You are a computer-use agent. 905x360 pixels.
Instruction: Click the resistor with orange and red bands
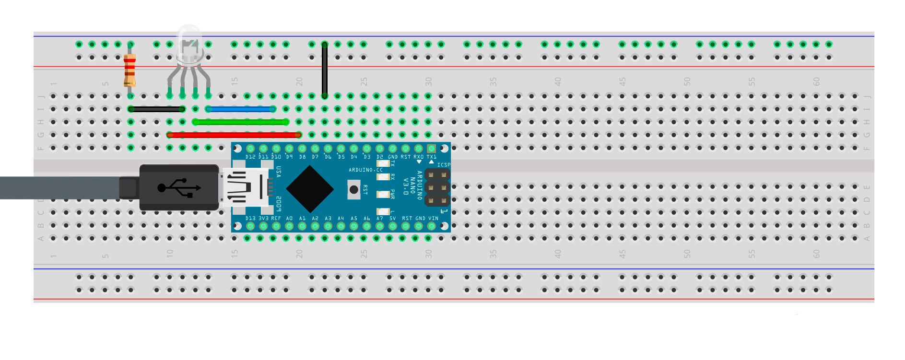point(129,70)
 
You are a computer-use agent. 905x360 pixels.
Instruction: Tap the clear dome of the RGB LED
point(189,43)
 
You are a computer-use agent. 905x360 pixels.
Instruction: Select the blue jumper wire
point(240,109)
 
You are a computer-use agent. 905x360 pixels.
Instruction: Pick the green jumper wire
point(241,122)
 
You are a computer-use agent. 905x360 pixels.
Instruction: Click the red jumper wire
point(234,135)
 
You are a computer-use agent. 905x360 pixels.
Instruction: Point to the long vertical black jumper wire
point(325,70)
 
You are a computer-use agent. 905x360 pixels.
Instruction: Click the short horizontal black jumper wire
point(156,109)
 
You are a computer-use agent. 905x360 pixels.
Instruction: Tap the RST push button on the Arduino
point(354,190)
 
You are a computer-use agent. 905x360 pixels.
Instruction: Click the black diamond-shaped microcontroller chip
point(310,189)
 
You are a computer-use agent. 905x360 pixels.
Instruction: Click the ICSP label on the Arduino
point(444,165)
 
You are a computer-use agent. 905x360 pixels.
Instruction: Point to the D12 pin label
point(250,157)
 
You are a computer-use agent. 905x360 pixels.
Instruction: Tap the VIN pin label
point(433,219)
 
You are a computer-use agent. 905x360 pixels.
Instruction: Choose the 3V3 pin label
point(263,219)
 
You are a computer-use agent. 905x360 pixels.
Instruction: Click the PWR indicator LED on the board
point(383,194)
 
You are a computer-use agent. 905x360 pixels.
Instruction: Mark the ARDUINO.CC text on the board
point(365,170)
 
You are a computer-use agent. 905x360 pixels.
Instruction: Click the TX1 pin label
point(432,157)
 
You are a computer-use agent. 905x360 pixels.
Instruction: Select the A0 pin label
point(289,219)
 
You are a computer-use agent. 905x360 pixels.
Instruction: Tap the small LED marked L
point(383,211)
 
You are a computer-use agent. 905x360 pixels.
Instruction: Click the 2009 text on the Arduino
point(279,204)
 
